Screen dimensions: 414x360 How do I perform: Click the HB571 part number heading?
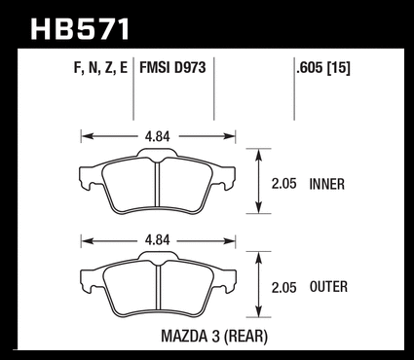tap(80, 29)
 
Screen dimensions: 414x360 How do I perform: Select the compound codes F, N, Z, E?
tap(100, 68)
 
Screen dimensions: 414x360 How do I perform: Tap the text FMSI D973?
tap(172, 68)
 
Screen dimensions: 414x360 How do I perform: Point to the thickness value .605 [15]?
tap(323, 68)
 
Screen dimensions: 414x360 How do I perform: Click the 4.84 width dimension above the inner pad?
tap(158, 136)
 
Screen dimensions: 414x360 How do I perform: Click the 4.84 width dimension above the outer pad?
tap(158, 240)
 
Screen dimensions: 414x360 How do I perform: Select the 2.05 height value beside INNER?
tap(284, 184)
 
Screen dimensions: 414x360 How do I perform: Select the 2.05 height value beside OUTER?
tap(284, 288)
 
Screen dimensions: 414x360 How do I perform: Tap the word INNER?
tap(327, 184)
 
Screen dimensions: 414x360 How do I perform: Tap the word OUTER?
tap(328, 287)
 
